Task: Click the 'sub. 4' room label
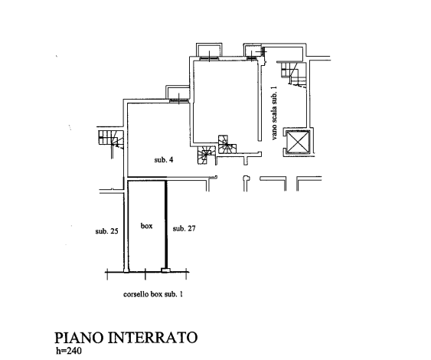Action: point(164,160)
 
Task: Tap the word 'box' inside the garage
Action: point(146,226)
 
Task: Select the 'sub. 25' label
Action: point(106,231)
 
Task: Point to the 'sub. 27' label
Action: point(184,228)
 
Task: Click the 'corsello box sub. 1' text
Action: point(153,294)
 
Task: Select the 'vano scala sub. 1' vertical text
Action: point(274,113)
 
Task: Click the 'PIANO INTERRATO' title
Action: point(126,338)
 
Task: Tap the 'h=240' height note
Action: point(69,351)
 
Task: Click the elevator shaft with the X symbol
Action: point(298,142)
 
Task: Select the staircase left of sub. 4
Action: point(111,139)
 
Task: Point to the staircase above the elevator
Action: point(293,74)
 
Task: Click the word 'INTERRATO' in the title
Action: point(152,338)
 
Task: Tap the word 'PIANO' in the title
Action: point(79,338)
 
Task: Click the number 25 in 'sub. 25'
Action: point(114,231)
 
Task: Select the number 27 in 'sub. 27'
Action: point(191,228)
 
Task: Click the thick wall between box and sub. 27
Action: point(166,224)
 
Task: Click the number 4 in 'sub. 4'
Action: point(171,160)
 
